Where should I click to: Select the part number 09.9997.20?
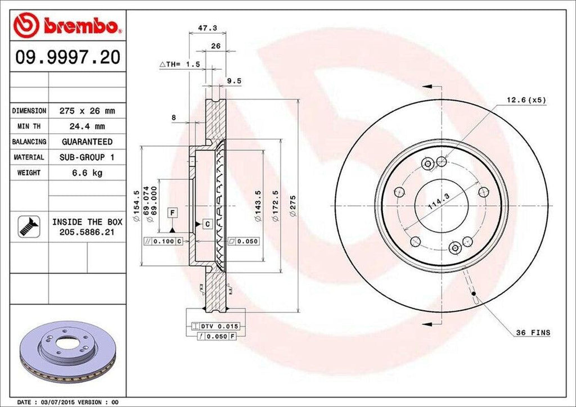click(x=67, y=58)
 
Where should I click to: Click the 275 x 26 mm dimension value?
click(x=87, y=111)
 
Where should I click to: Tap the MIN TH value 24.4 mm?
click(x=87, y=126)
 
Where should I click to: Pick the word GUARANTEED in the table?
click(x=87, y=142)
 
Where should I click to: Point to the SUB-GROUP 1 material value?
click(x=87, y=157)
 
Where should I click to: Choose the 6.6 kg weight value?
click(x=87, y=173)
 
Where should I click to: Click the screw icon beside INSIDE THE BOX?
click(x=26, y=226)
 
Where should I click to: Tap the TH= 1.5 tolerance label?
click(x=180, y=65)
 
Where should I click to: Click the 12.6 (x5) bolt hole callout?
click(x=526, y=100)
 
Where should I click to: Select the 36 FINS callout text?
click(x=533, y=333)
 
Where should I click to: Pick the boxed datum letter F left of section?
click(x=173, y=212)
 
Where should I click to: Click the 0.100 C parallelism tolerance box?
click(x=164, y=241)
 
